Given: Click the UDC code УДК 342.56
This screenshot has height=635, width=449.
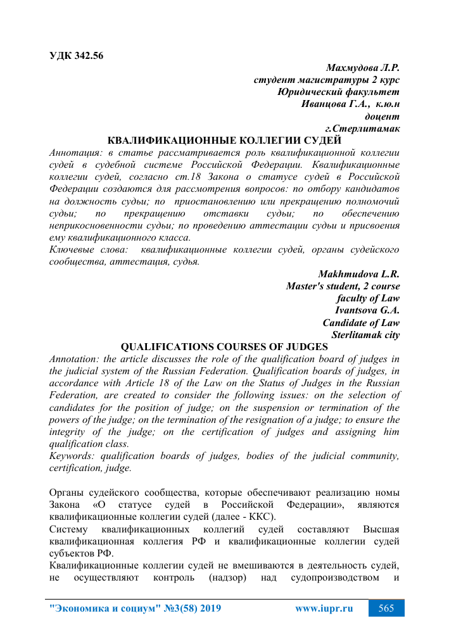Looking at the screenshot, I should pyautogui.click(x=76, y=54).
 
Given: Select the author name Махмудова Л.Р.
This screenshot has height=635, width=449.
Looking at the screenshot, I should pyautogui.click(x=362, y=68).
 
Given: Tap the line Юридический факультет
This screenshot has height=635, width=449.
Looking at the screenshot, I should pyautogui.click(x=339, y=92).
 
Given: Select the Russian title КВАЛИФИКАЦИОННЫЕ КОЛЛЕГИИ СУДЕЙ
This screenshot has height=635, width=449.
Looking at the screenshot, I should pyautogui.click(x=225, y=140).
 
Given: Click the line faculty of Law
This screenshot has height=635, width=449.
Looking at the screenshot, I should pyautogui.click(x=367, y=298).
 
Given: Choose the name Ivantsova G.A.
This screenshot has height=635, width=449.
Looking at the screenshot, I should pyautogui.click(x=367, y=310).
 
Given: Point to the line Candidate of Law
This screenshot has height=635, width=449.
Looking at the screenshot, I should pyautogui.click(x=361, y=322).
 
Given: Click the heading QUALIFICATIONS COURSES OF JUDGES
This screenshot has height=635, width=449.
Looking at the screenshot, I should pyautogui.click(x=224, y=347).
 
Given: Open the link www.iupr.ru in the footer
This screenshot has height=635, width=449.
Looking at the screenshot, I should pyautogui.click(x=324, y=608).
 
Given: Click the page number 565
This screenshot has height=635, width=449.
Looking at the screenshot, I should pyautogui.click(x=386, y=608).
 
